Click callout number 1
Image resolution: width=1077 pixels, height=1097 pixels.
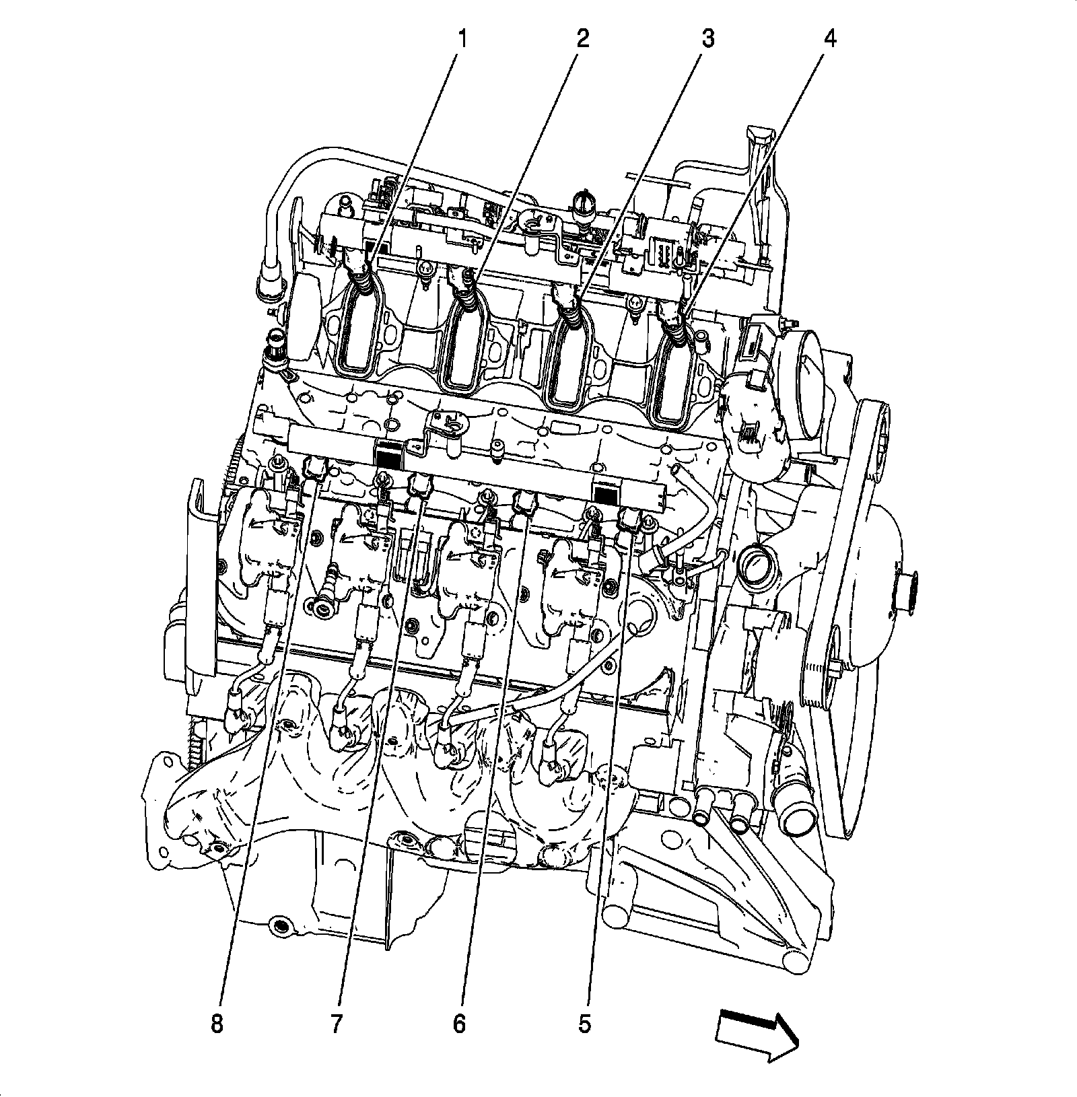(x=461, y=40)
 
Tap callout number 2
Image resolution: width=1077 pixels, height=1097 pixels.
(x=582, y=39)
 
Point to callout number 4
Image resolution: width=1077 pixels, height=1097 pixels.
(x=830, y=39)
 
